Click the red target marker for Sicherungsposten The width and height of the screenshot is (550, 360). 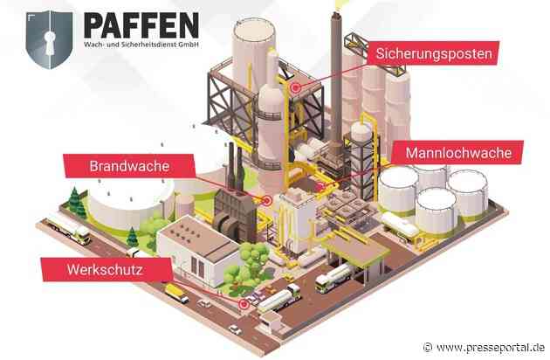pos(297,87)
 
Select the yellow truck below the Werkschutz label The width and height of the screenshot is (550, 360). pos(175,293)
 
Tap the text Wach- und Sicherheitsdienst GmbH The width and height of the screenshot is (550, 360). pos(149,42)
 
